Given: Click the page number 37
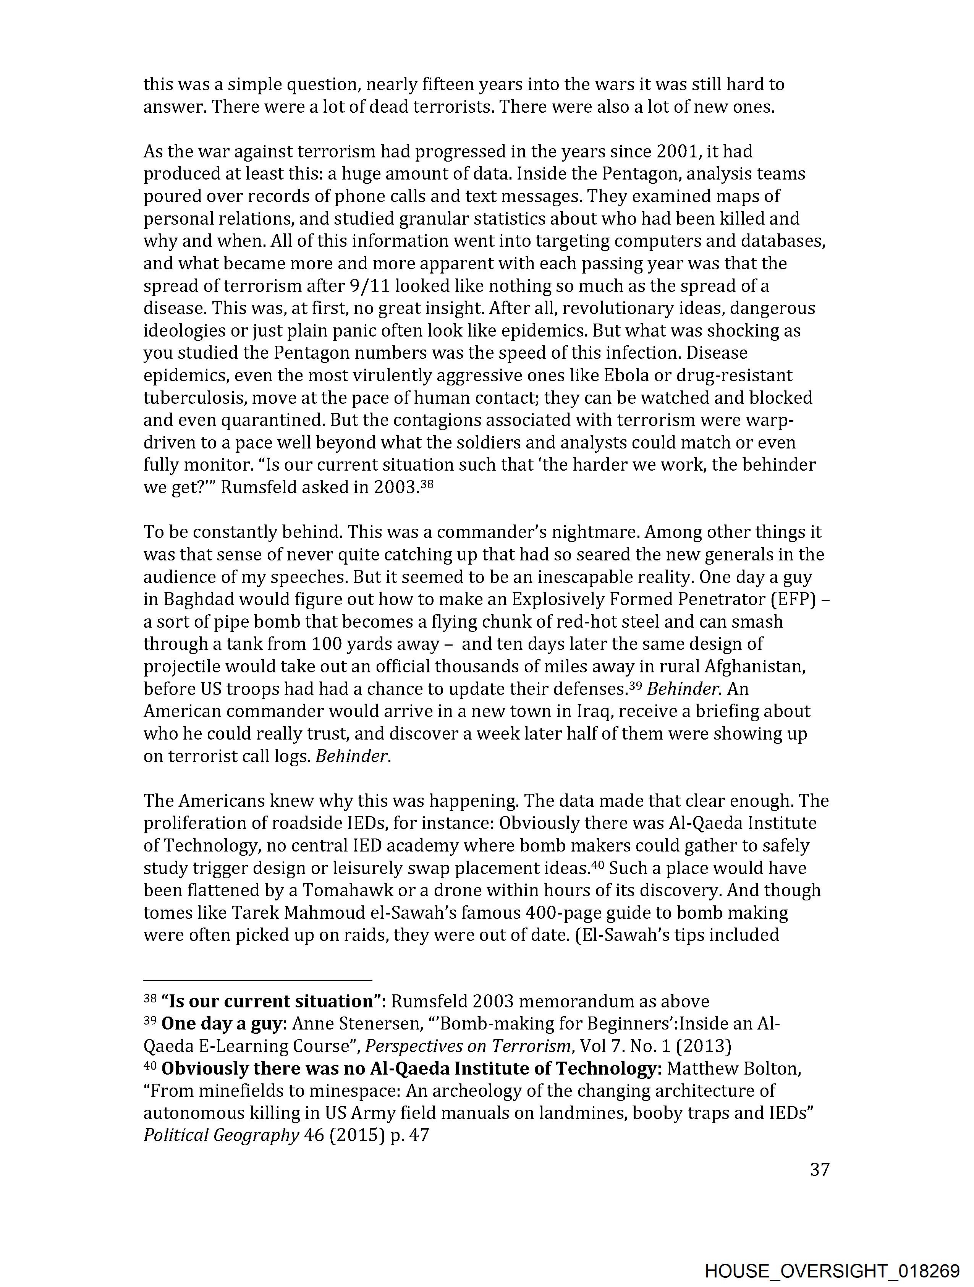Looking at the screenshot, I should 819,1169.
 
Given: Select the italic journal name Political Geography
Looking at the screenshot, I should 221,1135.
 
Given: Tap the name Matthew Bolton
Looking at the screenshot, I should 734,1068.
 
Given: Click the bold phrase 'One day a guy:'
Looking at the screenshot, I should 224,1023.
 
